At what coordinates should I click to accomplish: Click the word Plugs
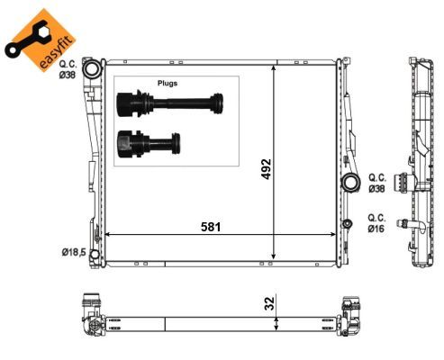coord(167,82)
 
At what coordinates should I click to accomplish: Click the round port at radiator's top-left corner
coord(90,68)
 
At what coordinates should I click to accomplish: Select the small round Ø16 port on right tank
coord(348,223)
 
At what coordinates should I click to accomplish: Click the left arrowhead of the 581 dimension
coord(109,235)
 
